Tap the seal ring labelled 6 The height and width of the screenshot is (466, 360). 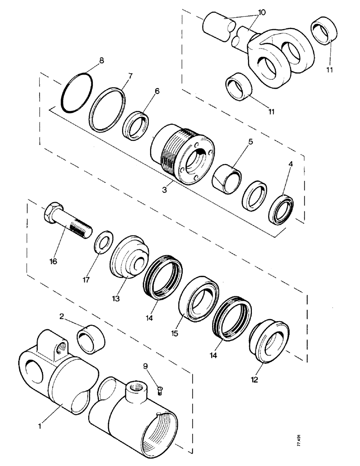[x=137, y=125]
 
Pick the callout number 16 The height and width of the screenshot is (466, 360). [x=52, y=261]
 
